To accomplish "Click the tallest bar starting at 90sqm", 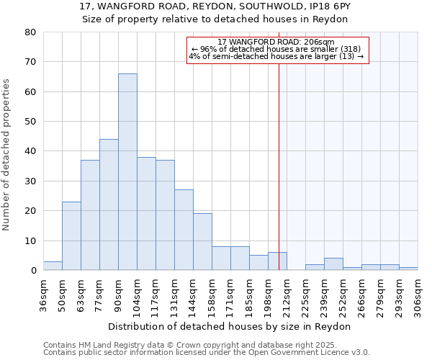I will click(127, 172).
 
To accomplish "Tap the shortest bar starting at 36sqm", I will click(53, 266).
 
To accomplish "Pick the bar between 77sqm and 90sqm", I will click(109, 205).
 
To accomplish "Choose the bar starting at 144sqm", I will click(202, 242).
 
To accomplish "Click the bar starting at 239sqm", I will click(333, 264).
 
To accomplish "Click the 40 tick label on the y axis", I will click(31, 151).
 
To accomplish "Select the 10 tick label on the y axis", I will click(31, 240).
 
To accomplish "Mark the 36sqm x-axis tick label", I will click(43, 295).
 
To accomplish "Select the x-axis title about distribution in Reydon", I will click(230, 326).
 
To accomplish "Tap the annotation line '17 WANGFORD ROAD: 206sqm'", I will click(276, 42).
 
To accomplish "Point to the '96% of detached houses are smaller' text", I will click(276, 49).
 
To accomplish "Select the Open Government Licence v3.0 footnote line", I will click(207, 353).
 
